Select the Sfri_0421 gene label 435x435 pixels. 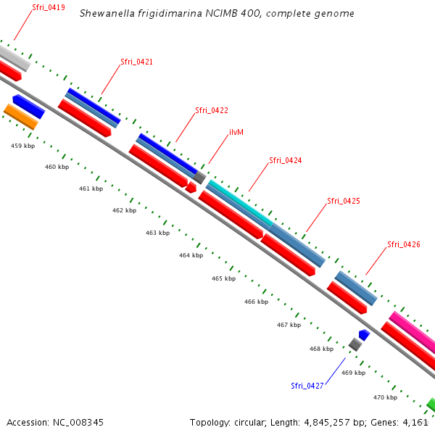136,62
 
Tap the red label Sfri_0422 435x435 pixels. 212,110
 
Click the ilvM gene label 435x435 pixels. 236,133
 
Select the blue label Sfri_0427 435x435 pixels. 307,386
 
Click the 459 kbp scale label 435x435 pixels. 22,146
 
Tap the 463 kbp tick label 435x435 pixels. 157,233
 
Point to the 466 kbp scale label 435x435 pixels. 256,302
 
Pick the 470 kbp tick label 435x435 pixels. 385,397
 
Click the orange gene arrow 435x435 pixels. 20,116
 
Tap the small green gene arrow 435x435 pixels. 431,403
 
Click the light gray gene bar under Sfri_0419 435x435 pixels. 12,57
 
